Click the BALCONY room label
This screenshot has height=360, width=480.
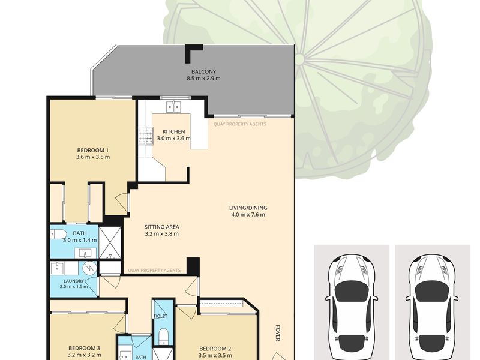coord(203,71)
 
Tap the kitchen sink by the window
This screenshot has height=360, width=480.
coord(173,107)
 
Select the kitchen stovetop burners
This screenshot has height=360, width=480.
coord(146,136)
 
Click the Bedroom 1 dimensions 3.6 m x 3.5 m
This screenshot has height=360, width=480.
coord(93,157)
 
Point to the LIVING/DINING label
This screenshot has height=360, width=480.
coord(248,208)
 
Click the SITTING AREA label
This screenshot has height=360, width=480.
coord(161,227)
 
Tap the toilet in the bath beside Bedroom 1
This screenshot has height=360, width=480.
coord(58,235)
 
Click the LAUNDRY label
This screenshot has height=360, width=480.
coord(74,281)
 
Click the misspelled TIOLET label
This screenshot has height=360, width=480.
coord(161,316)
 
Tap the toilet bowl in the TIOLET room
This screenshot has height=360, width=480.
coord(164,336)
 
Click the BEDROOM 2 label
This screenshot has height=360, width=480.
coord(215,349)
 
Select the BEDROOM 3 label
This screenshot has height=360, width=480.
coord(84,348)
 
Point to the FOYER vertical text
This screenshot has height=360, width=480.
coord(278,333)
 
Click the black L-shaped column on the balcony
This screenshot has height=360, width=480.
coord(191,52)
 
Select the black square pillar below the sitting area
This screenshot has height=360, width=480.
coord(193,266)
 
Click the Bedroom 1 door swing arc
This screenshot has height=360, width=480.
coord(121,202)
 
